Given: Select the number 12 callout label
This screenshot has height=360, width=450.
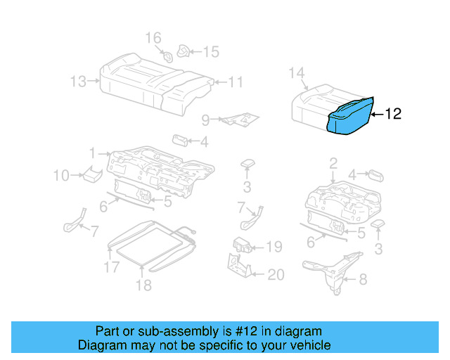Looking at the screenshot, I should (394, 114).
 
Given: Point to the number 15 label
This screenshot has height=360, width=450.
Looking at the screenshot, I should (211, 51).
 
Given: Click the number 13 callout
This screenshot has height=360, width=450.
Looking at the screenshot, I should (78, 82).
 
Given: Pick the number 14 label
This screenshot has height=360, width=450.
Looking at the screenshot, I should (297, 72).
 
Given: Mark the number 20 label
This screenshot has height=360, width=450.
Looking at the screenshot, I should (276, 274).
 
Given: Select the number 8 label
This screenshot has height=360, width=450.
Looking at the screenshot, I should (363, 280).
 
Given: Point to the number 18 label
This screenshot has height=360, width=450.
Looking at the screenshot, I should (143, 285).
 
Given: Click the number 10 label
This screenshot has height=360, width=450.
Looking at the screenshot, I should (61, 175).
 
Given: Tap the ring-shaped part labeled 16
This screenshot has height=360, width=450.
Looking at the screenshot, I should (167, 56).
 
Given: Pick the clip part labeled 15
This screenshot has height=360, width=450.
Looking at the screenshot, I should (185, 51).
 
